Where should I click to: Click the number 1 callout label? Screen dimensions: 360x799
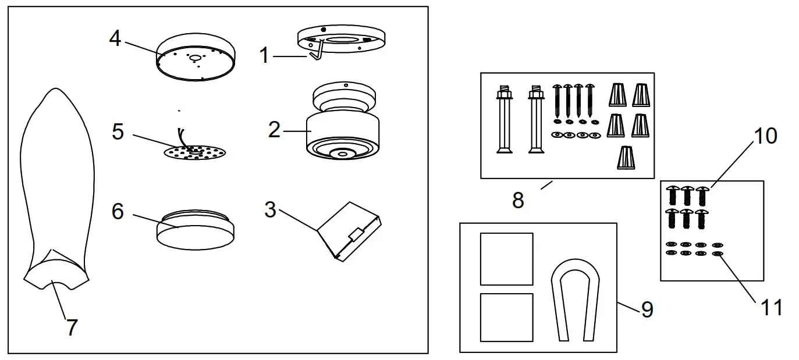(265, 56)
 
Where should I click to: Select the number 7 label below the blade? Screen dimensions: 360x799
(71, 327)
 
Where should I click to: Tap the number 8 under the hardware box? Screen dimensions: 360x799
(517, 200)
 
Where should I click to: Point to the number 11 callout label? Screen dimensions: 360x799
(772, 306)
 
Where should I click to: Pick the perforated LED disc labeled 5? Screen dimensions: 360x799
(195, 152)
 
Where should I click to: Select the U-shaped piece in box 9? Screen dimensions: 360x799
(574, 297)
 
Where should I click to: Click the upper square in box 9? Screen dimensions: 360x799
(506, 259)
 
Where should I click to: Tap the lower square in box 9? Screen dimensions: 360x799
(506, 317)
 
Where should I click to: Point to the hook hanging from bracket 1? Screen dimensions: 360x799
(315, 53)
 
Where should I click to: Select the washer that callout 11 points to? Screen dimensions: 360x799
(717, 254)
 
